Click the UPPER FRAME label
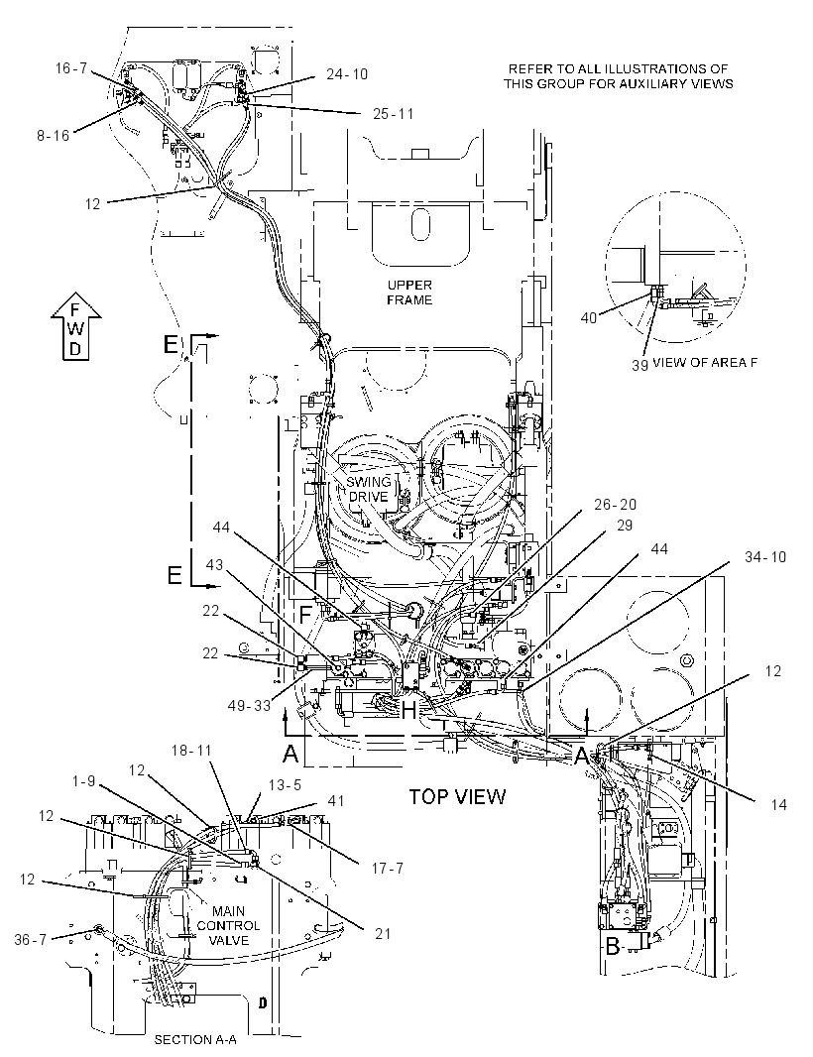(x=409, y=293)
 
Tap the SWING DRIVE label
(x=368, y=490)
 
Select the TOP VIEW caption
(x=458, y=797)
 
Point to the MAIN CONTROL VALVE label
(x=228, y=925)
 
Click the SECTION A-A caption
(x=195, y=1039)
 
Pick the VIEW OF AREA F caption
(x=705, y=362)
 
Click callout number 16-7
(x=71, y=67)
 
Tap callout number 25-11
(x=393, y=113)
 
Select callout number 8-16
(x=54, y=136)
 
